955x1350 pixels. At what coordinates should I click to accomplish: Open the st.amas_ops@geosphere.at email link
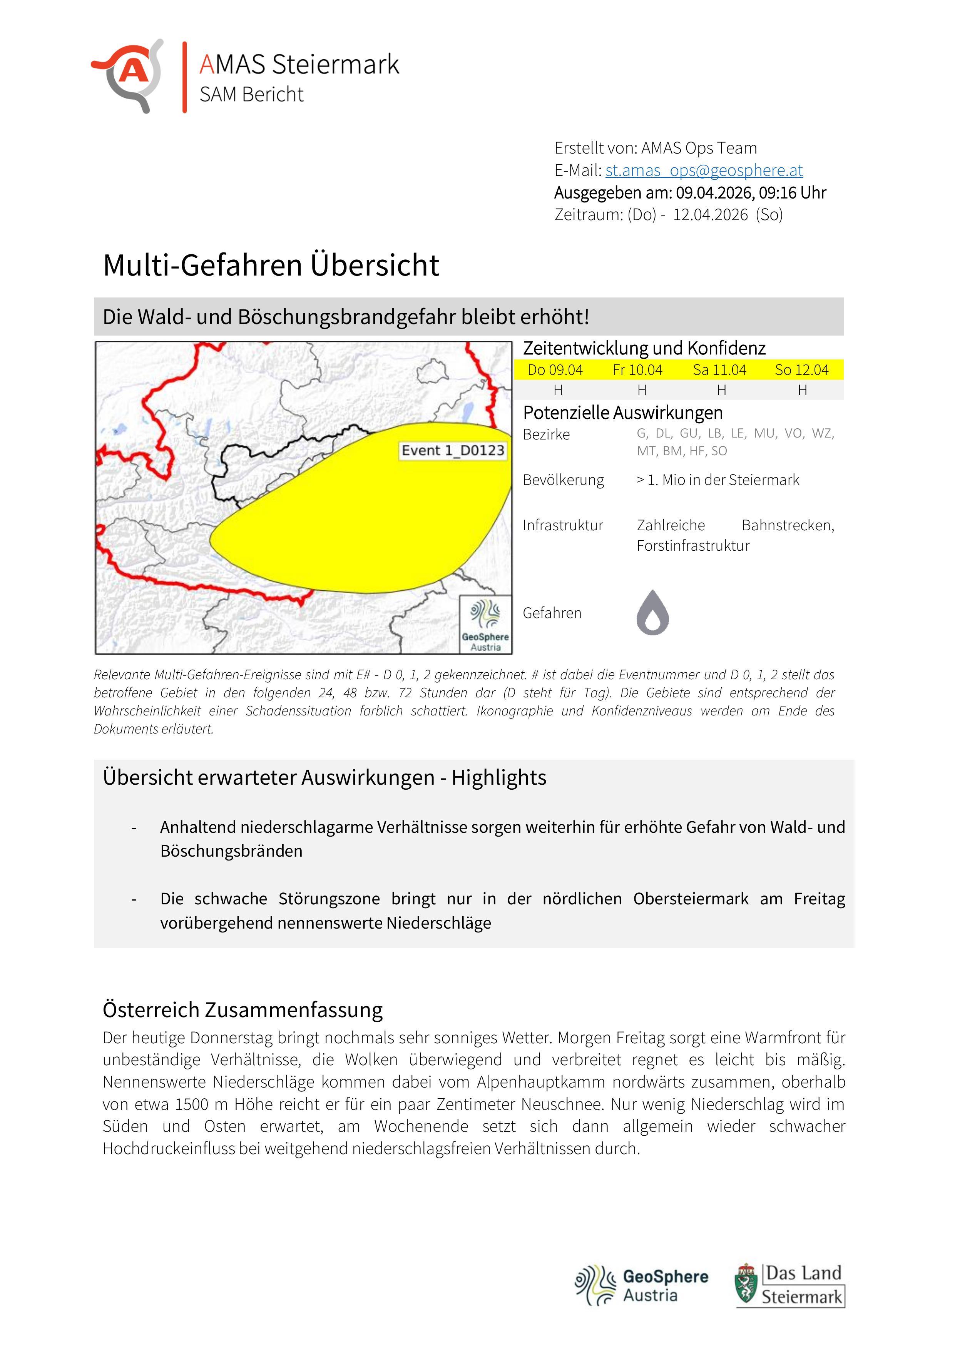704,170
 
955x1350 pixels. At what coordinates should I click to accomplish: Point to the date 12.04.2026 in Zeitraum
710,215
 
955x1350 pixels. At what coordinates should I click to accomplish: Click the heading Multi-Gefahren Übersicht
271,265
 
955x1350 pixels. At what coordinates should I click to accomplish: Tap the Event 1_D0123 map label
452,450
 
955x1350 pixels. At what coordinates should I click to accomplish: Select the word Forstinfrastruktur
693,546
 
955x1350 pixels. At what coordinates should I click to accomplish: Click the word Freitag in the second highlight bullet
819,899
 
